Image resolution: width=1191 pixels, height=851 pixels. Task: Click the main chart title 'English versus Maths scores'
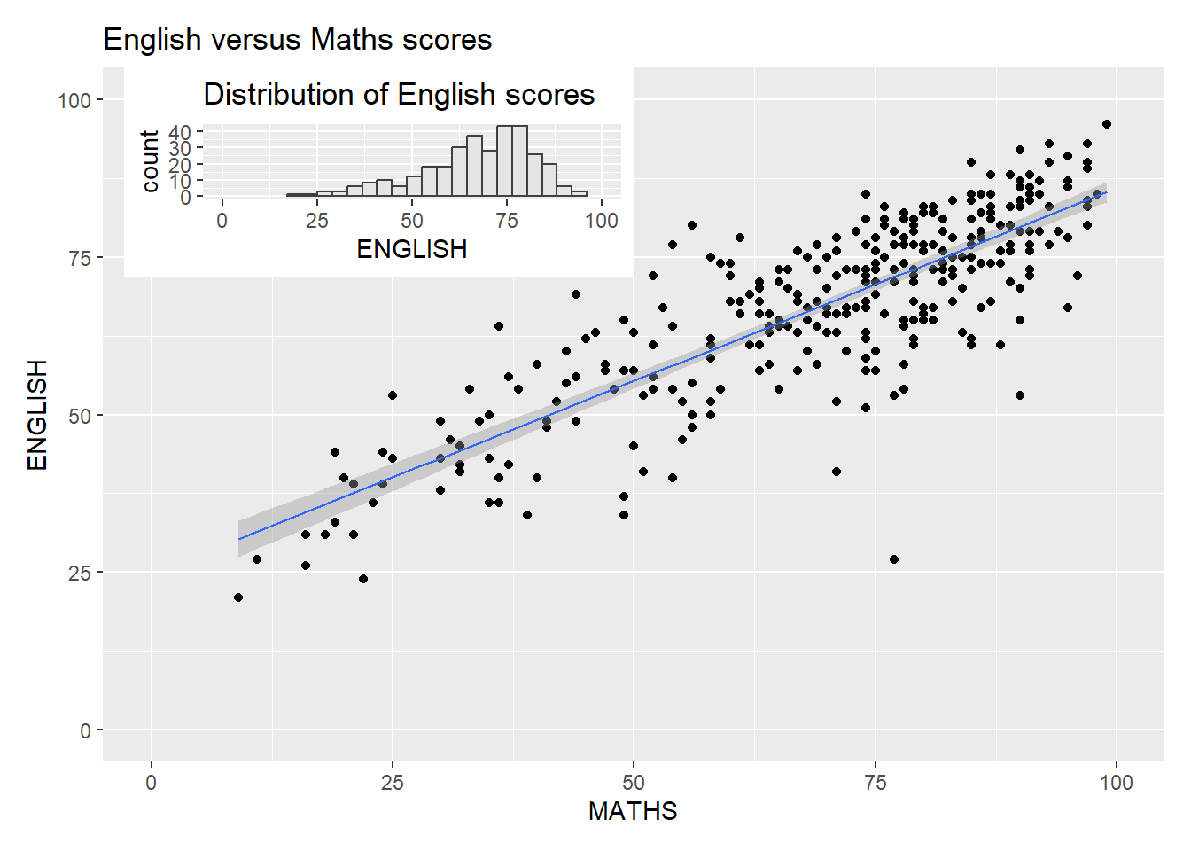coord(298,40)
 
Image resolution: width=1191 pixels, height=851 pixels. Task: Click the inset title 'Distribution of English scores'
coord(399,95)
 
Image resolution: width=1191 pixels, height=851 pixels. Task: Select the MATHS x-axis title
coord(633,811)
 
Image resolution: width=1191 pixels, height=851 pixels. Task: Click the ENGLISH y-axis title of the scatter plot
coord(37,415)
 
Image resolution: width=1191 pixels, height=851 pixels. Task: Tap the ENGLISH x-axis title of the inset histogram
coord(412,249)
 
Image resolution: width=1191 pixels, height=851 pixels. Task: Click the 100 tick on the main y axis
coord(74,100)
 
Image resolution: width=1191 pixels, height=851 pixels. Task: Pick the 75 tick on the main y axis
coord(80,258)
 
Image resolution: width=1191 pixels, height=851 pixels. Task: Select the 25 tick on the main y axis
coord(80,573)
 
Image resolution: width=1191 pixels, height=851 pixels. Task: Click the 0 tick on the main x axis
coord(152,783)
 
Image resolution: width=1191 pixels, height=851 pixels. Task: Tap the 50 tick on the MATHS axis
coord(633,783)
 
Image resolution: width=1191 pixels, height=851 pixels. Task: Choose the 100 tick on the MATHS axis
coord(1116,783)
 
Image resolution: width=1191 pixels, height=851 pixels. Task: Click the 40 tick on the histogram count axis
coord(180,133)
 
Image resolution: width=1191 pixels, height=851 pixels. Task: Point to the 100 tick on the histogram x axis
coord(602,221)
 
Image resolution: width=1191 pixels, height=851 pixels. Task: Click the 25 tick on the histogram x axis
coord(317,221)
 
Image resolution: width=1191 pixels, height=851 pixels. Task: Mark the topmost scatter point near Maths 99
coord(1106,124)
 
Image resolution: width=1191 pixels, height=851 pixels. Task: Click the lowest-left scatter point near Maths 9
coord(238,597)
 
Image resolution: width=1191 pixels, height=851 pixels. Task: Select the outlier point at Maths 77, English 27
coord(894,559)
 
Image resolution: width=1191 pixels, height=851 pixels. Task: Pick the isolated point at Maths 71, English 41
coord(837,472)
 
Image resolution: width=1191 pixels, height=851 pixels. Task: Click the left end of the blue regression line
coord(239,539)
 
